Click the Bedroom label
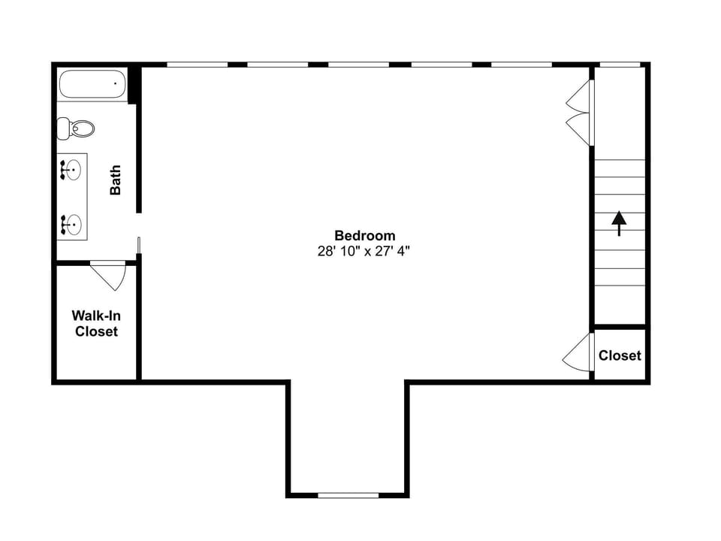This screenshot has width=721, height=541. coord(364,236)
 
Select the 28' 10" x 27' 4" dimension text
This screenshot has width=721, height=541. coord(364,252)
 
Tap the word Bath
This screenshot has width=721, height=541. coord(116,180)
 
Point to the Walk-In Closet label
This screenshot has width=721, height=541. coord(96,323)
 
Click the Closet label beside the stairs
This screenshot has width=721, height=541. coord(620,355)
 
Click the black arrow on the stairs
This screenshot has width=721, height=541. coord(619,223)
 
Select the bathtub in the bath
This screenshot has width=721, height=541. coord(92,85)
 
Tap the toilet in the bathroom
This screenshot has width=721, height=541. coord(77,128)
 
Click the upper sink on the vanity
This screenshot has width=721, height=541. coord(72,171)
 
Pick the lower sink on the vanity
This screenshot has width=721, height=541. coord(72,223)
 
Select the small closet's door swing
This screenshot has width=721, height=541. coord(579,353)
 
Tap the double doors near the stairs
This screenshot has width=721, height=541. coord(580,113)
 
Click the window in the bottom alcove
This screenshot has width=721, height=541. coord(348,495)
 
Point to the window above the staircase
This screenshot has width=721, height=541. coord(620,65)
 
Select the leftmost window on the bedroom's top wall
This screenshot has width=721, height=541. coord(197,65)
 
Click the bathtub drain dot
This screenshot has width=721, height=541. coord(115,83)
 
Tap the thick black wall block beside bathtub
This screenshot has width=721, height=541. coord(134,85)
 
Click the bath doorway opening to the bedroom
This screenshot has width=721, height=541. coord(139,225)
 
